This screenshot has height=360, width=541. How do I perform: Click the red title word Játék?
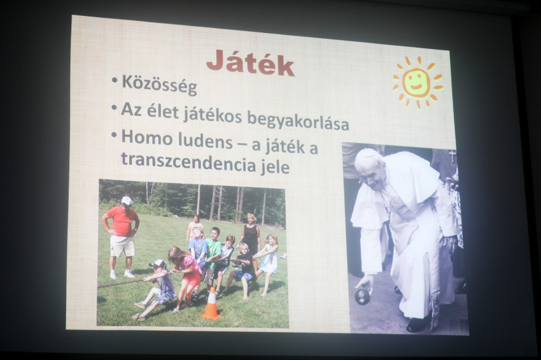click(x=250, y=64)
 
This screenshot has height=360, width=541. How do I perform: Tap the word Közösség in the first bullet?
click(x=159, y=85)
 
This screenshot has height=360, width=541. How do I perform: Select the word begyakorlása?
click(x=298, y=121)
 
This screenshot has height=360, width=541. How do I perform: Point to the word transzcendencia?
click(x=188, y=162)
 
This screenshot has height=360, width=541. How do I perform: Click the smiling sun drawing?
click(x=418, y=83)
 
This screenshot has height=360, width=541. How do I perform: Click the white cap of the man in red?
click(x=127, y=200)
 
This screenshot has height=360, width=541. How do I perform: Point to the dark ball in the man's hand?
click(x=362, y=296)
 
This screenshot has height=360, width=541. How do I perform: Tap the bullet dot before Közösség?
click(x=115, y=80)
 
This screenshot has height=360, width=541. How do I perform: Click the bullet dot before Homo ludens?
click(x=114, y=135)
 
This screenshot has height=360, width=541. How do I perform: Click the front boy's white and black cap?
click(x=158, y=264)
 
